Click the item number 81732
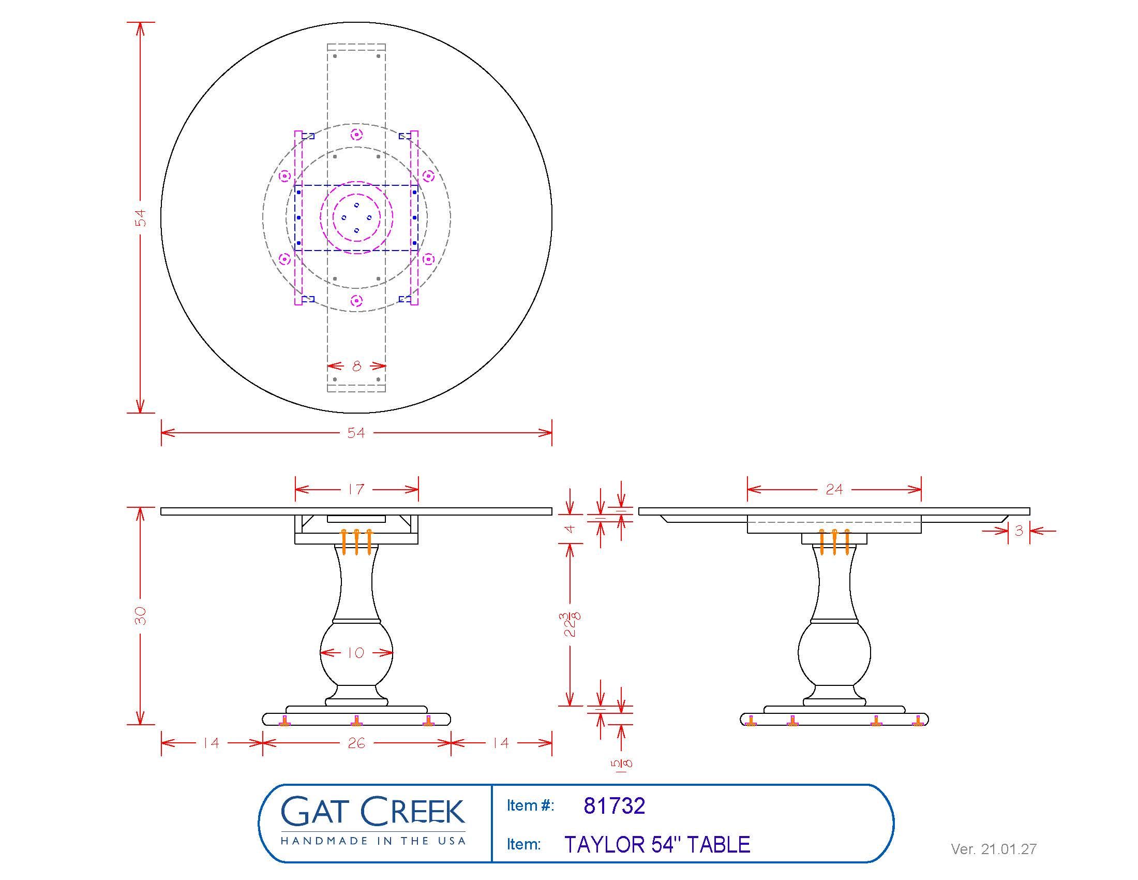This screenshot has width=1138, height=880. coord(614,806)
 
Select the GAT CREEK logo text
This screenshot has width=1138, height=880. coord(372,811)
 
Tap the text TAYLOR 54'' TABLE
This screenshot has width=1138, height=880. coord(657,845)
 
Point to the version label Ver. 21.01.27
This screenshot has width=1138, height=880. coord(993,849)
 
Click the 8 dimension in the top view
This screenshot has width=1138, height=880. coord(356,366)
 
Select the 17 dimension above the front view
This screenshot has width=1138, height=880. coord(356,489)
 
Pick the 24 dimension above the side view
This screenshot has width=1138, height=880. coord(834,489)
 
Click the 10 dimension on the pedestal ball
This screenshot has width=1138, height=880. coord(356,652)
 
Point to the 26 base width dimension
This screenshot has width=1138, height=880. coord(356,743)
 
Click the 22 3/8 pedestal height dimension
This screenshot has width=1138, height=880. coord(571,624)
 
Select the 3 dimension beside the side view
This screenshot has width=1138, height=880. coord(1019,531)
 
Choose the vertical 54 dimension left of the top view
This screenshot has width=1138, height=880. coord(140,217)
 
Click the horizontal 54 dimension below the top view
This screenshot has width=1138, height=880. coord(356,432)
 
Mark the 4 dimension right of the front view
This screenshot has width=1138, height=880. coord(570,529)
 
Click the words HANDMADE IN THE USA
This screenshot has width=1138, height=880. coord(372,841)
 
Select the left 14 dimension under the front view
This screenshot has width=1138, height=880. coord(211,743)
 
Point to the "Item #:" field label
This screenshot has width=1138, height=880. coord(530,806)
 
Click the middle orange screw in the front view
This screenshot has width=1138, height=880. coord(356,541)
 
